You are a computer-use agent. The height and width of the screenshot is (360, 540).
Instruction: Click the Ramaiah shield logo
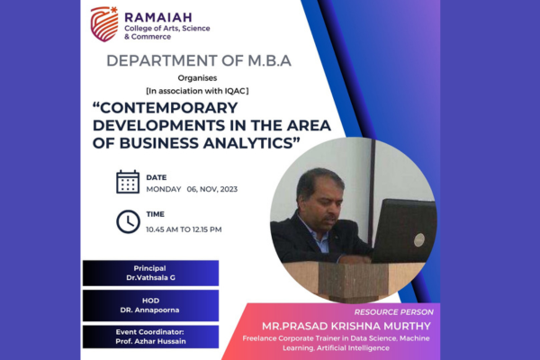(x=104, y=24)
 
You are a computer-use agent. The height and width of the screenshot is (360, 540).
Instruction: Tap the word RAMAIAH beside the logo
(x=158, y=17)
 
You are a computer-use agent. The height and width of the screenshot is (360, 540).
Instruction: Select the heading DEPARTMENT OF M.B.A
(x=199, y=60)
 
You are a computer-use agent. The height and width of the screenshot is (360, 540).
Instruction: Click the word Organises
(x=197, y=78)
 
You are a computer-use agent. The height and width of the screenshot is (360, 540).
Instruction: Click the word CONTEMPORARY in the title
(x=168, y=108)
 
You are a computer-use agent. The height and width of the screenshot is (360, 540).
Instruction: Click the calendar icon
(x=128, y=182)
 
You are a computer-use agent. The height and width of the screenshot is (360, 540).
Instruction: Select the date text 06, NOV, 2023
(x=212, y=189)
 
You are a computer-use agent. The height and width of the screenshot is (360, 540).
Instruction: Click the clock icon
(x=128, y=221)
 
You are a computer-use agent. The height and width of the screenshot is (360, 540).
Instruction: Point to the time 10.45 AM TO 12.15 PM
(x=184, y=229)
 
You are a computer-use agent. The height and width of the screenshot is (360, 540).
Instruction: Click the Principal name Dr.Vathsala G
(x=150, y=278)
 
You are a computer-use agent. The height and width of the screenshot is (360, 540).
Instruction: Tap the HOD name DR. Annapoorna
(x=149, y=310)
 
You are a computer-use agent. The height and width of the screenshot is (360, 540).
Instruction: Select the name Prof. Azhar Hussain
(x=150, y=341)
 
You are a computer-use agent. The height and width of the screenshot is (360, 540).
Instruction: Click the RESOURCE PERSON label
(x=393, y=312)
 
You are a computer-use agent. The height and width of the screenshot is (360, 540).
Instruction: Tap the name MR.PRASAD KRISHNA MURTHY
(x=346, y=326)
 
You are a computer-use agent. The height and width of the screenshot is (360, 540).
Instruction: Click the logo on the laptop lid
(x=419, y=239)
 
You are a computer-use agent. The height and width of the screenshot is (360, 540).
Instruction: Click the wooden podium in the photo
(x=353, y=280)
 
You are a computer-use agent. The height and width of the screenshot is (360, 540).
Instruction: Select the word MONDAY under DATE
(x=164, y=189)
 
